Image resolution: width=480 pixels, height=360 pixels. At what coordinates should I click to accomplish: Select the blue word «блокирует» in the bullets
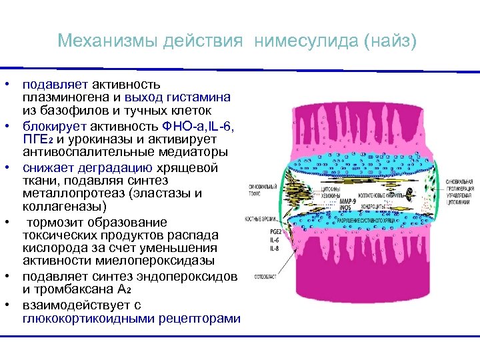(x=49, y=127)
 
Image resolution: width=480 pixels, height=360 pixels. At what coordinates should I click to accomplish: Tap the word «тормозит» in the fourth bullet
(x=55, y=222)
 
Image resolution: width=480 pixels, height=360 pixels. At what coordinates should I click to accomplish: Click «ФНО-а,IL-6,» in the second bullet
(x=199, y=127)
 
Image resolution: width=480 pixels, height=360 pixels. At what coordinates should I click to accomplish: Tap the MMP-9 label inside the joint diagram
(x=347, y=201)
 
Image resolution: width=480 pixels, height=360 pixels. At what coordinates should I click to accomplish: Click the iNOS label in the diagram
(x=346, y=208)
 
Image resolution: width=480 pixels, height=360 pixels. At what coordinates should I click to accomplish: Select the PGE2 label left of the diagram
(x=256, y=230)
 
